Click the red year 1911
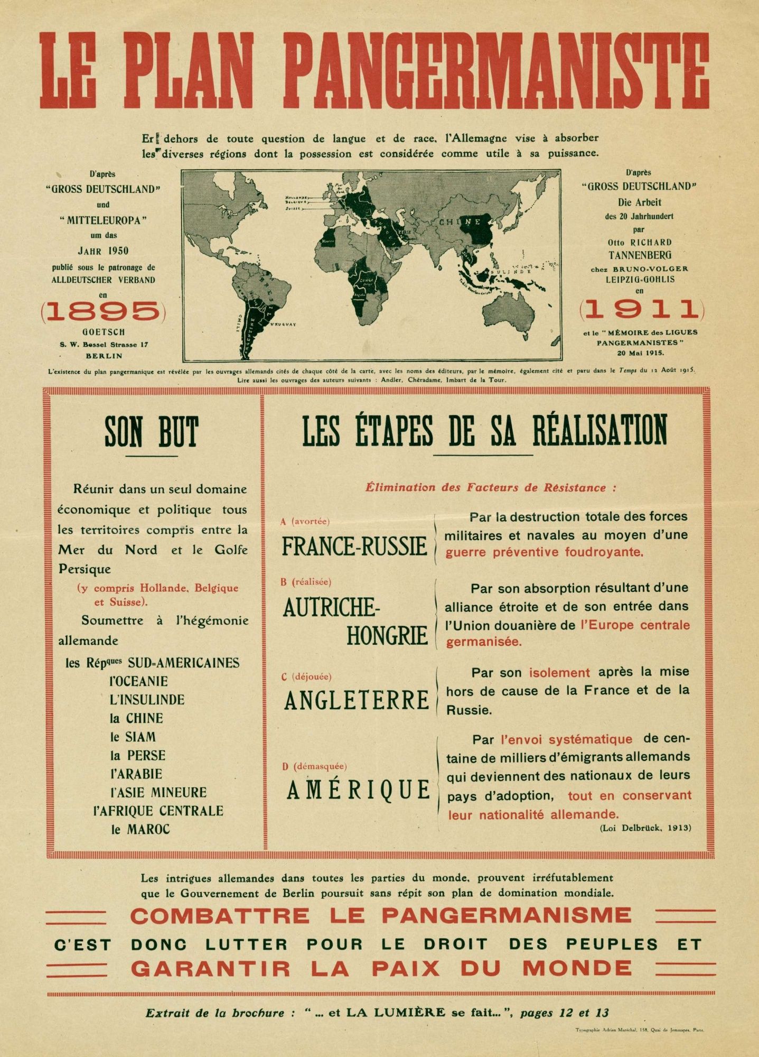pos(642,309)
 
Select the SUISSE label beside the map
pos(293,208)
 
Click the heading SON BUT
pos(151,432)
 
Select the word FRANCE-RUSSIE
pos(354,546)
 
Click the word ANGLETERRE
pos(357,700)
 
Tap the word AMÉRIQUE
pos(359,790)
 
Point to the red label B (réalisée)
pos(306,581)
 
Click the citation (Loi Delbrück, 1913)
pos(645,828)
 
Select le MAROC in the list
pos(140,829)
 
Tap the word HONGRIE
pos(387,635)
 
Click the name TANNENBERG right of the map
pos(640,255)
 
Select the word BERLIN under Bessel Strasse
pos(104,356)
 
